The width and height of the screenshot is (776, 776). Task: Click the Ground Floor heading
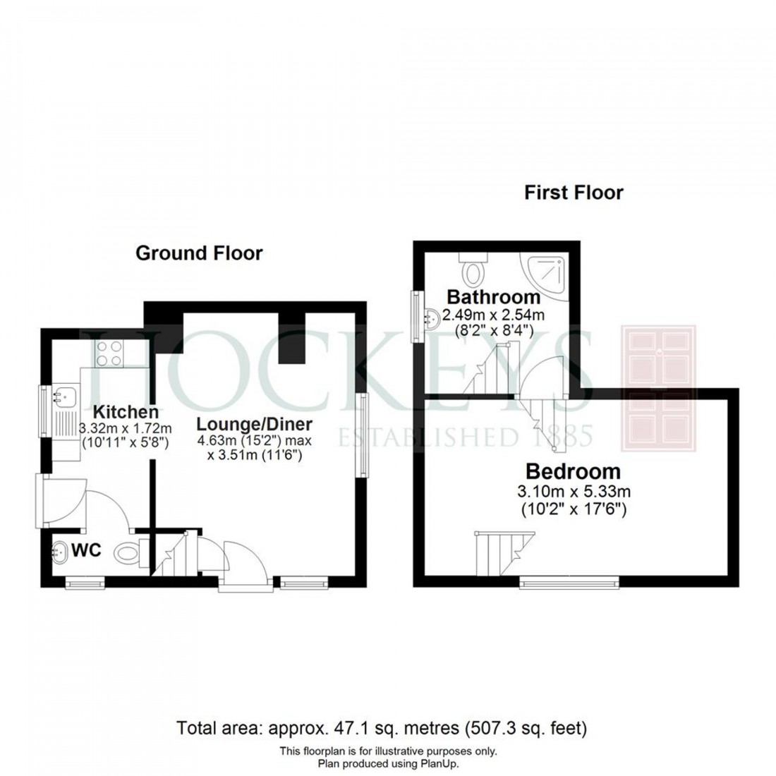pyautogui.click(x=198, y=253)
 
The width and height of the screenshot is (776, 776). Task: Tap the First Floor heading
pyautogui.click(x=574, y=193)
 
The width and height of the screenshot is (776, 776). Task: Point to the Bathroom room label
pyautogui.click(x=493, y=296)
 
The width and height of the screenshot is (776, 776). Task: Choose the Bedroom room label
pyautogui.click(x=572, y=471)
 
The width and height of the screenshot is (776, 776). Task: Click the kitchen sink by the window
pyautogui.click(x=65, y=399)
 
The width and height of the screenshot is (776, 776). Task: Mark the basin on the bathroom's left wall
pyautogui.click(x=431, y=318)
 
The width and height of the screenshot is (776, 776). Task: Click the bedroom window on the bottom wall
pyautogui.click(x=569, y=583)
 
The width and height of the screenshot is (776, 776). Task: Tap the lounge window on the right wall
pyautogui.click(x=363, y=435)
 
